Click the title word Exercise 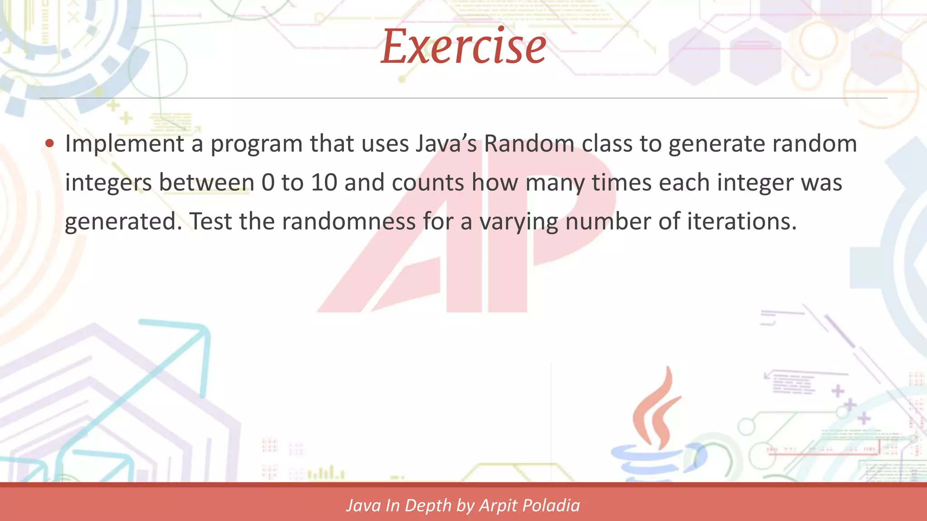[x=463, y=47]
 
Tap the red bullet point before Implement [x=50, y=144]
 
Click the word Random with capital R [x=529, y=144]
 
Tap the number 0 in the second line [x=268, y=183]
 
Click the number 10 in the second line [x=324, y=183]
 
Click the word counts [x=428, y=183]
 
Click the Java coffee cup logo [x=656, y=430]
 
